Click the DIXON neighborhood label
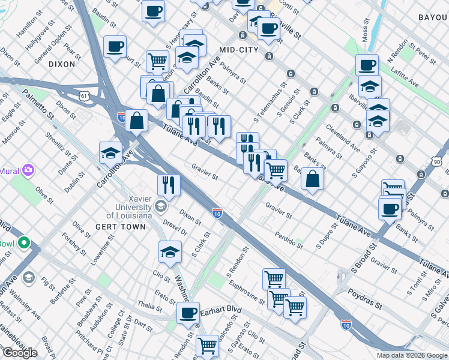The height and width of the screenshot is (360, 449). tap(62, 64)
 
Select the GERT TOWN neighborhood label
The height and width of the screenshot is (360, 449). tap(120, 227)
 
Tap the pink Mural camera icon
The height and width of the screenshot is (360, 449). tap(28, 170)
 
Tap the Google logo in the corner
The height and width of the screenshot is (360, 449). tap(20, 352)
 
